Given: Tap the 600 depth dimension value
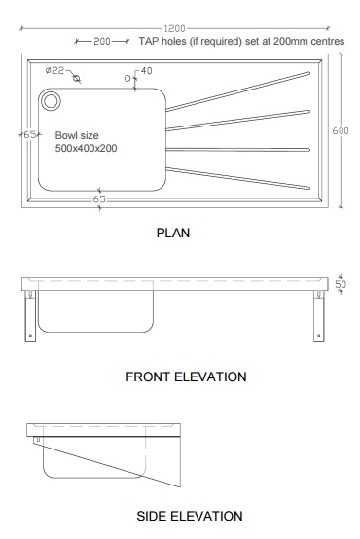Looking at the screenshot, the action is [x=341, y=131].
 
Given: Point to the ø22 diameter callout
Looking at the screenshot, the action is [x=55, y=70].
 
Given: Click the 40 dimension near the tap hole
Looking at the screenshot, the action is [x=146, y=71].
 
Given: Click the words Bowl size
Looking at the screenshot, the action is [x=76, y=136].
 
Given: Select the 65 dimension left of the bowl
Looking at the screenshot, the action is [x=29, y=135].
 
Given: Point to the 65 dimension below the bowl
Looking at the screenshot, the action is [x=99, y=198].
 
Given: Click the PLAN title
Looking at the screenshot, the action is [x=172, y=233].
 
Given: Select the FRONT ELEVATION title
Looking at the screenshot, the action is [x=186, y=377].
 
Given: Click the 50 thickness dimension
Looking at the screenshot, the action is [x=342, y=283].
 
